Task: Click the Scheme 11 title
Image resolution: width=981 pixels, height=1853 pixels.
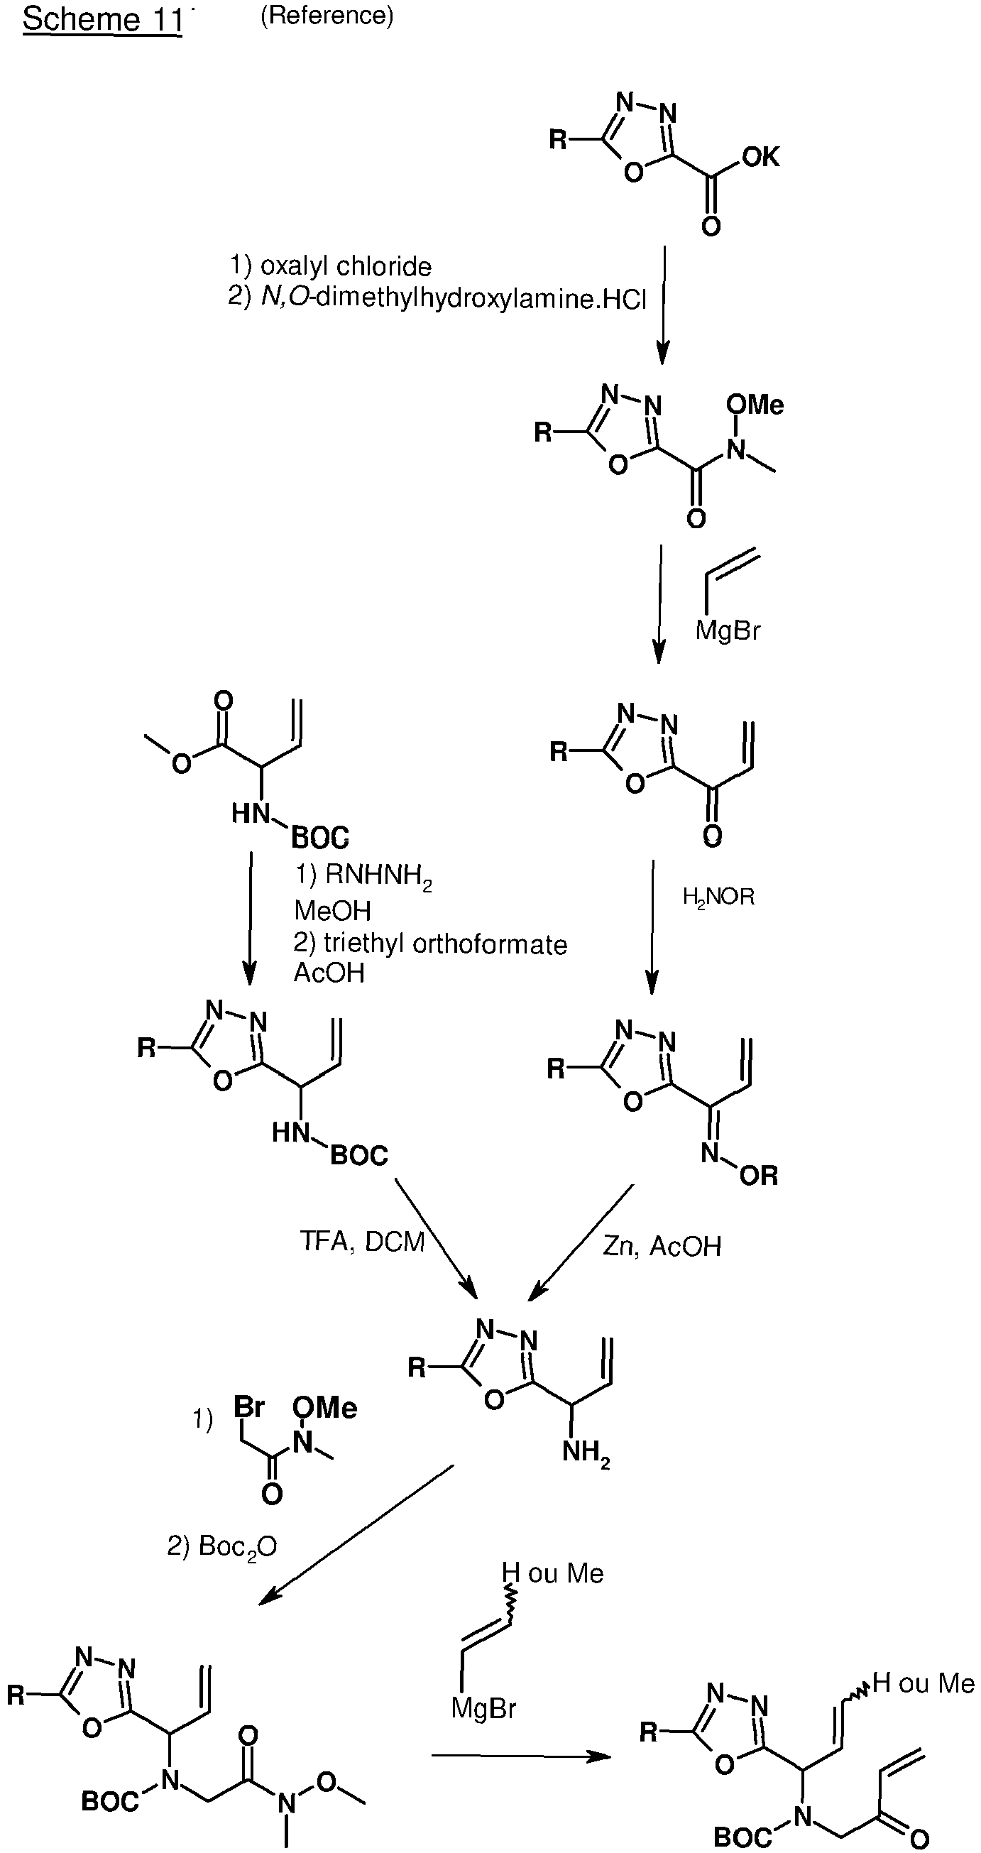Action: click(102, 18)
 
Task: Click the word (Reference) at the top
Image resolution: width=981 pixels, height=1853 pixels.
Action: click(327, 16)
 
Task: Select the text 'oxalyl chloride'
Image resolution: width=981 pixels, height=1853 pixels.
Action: click(346, 266)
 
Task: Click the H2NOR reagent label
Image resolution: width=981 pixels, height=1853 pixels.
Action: click(718, 897)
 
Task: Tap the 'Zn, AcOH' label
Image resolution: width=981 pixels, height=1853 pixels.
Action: click(662, 1246)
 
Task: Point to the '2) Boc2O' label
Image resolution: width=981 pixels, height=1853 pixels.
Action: click(222, 1546)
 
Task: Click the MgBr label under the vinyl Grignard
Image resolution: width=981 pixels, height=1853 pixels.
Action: click(728, 631)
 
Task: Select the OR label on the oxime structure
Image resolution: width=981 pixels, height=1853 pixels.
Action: click(759, 1176)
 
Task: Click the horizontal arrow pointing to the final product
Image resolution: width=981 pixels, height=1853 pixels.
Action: click(521, 1756)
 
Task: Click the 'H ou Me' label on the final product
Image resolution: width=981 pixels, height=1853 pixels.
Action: click(924, 1683)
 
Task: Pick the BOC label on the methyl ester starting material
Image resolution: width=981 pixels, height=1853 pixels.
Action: click(320, 837)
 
